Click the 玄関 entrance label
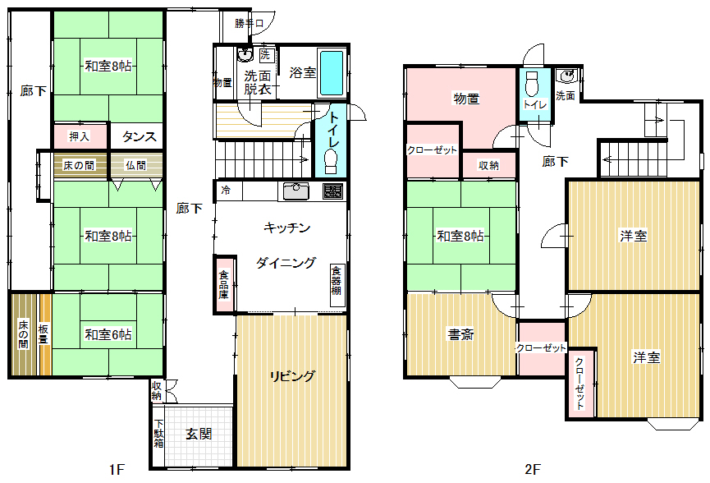pyautogui.click(x=199, y=434)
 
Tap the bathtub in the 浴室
pyautogui.click(x=332, y=72)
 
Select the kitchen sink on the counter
pyautogui.click(x=296, y=191)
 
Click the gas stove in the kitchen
pyautogui.click(x=332, y=191)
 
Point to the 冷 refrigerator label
pyautogui.click(x=226, y=191)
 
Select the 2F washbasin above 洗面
pyautogui.click(x=567, y=76)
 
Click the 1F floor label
pyautogui.click(x=117, y=469)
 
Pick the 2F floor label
pyautogui.click(x=533, y=469)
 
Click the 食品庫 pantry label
pyautogui.click(x=224, y=284)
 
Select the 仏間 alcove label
pyautogui.click(x=135, y=165)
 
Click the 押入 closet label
pyautogui.click(x=80, y=136)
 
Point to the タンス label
pyautogui.click(x=139, y=136)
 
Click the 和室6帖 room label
pyautogui.click(x=108, y=334)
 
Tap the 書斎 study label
pyautogui.click(x=460, y=334)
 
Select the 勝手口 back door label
pyautogui.click(x=249, y=23)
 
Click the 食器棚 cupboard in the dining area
pyautogui.click(x=336, y=280)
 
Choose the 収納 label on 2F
pyautogui.click(x=488, y=166)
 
